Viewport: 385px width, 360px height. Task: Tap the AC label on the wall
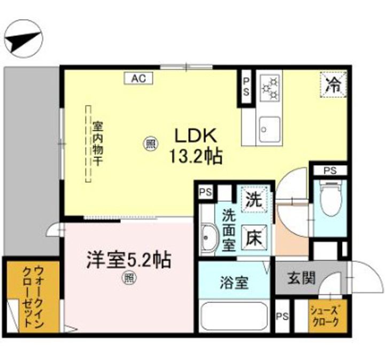[139, 78]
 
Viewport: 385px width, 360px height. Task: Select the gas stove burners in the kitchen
[270, 87]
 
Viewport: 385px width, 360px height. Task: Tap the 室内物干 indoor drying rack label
[97, 144]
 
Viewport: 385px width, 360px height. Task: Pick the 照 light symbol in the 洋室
[128, 278]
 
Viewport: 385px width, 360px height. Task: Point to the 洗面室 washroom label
[228, 230]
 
